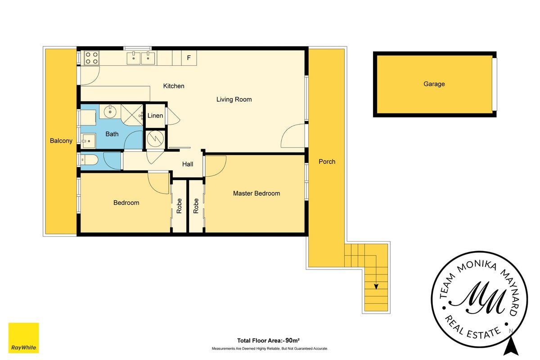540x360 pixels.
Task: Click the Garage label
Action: pyautogui.click(x=434, y=84)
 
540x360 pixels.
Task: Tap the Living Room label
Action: pyautogui.click(x=234, y=99)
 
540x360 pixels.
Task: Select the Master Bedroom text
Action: pyautogui.click(x=256, y=193)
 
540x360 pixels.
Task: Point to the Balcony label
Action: pyautogui.click(x=61, y=141)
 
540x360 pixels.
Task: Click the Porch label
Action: pyautogui.click(x=327, y=162)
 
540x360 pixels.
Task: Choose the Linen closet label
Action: pyautogui.click(x=155, y=116)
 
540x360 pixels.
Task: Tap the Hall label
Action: pyautogui.click(x=188, y=164)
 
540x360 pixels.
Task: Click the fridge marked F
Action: pyautogui.click(x=189, y=58)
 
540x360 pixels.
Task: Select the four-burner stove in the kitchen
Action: pyautogui.click(x=92, y=58)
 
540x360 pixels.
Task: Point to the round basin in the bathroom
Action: pyautogui.click(x=110, y=112)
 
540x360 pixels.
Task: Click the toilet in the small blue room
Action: pyautogui.click(x=89, y=160)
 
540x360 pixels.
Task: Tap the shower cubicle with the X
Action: pyautogui.click(x=132, y=115)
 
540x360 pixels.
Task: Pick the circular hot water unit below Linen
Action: pyautogui.click(x=156, y=139)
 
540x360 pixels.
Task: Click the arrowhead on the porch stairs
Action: pyautogui.click(x=376, y=287)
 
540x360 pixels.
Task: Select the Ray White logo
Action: pyautogui.click(x=23, y=338)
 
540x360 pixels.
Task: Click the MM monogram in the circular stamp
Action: pyautogui.click(x=477, y=297)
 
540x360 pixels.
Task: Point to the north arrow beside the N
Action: pyautogui.click(x=511, y=346)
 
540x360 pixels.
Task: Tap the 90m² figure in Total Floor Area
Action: pyautogui.click(x=292, y=341)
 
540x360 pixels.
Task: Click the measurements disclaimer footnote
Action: pyautogui.click(x=270, y=348)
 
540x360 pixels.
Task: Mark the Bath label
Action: pyautogui.click(x=112, y=134)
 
